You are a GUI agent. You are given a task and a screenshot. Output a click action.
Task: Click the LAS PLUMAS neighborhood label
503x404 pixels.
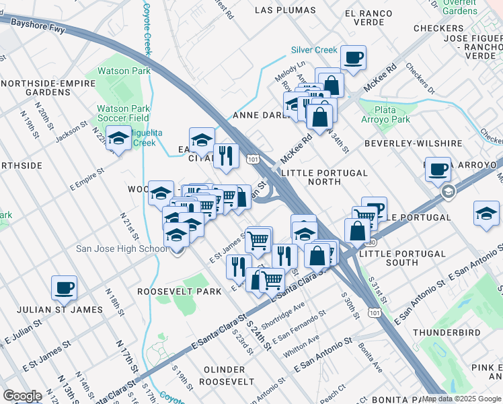[x=285, y=10]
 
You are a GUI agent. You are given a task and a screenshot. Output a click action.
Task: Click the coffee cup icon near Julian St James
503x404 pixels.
[x=65, y=288]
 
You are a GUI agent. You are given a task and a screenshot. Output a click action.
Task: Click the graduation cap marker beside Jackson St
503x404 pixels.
[x=118, y=139]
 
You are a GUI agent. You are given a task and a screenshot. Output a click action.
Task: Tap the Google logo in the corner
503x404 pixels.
[x=22, y=396]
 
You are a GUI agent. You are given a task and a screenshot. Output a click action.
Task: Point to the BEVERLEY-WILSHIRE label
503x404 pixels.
[x=413, y=143]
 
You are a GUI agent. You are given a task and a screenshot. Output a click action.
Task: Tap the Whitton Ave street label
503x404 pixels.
[x=301, y=347]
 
